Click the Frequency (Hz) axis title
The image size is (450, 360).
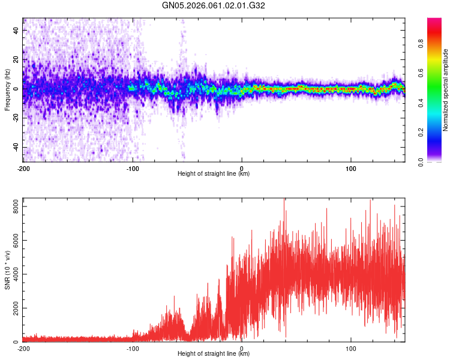tap(7, 90)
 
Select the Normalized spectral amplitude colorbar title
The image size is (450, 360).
tap(446, 90)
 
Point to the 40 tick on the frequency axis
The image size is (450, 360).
tap(17, 30)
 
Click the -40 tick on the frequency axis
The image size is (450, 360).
tap(16, 147)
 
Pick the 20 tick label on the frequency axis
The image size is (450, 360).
tap(17, 59)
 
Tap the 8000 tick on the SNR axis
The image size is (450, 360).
tap(13, 206)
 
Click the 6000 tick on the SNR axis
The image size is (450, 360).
tap(13, 241)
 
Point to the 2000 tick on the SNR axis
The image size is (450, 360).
tap(13, 308)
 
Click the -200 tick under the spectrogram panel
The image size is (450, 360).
tap(24, 168)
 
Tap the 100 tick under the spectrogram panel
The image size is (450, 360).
tap(351, 168)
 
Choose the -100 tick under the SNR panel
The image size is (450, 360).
tap(133, 349)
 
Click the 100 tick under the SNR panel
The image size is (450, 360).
tap(351, 349)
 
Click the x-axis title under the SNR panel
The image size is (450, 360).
tap(214, 355)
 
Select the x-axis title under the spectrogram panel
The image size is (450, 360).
tap(214, 175)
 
